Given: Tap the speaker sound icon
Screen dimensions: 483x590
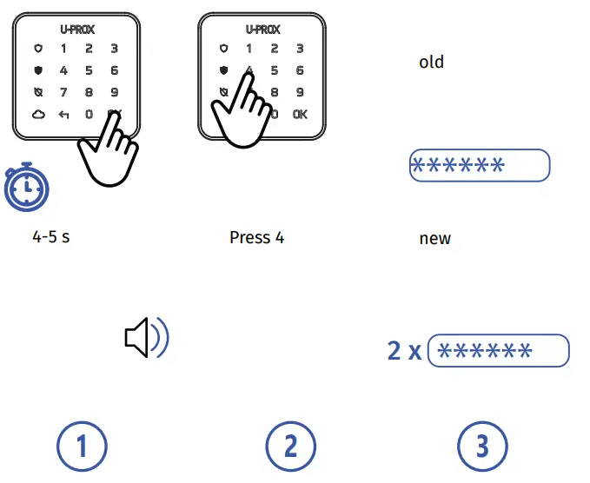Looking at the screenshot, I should click(x=147, y=338).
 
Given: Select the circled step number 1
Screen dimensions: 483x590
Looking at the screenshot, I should click(x=82, y=447).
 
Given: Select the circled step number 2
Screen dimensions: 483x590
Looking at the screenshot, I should click(x=290, y=447).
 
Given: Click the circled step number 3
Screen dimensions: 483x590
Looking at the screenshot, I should click(x=482, y=447).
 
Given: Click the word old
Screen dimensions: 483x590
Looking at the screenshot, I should click(x=431, y=62).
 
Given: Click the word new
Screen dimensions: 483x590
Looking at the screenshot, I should click(x=434, y=238).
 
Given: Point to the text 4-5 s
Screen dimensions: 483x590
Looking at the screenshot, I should click(x=50, y=236).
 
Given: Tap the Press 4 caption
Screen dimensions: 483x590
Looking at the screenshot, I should click(x=256, y=237).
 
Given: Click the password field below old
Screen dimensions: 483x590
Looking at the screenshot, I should click(x=480, y=165).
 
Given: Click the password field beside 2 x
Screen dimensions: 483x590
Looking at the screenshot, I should click(x=499, y=351).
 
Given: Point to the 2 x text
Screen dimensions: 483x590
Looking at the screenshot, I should click(x=404, y=352).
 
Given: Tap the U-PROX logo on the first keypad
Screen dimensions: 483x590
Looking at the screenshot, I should click(x=77, y=30).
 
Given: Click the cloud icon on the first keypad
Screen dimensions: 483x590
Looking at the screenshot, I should click(x=37, y=114).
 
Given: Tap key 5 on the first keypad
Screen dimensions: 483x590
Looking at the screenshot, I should click(x=89, y=70).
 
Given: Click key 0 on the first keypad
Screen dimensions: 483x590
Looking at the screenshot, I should click(x=89, y=114).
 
